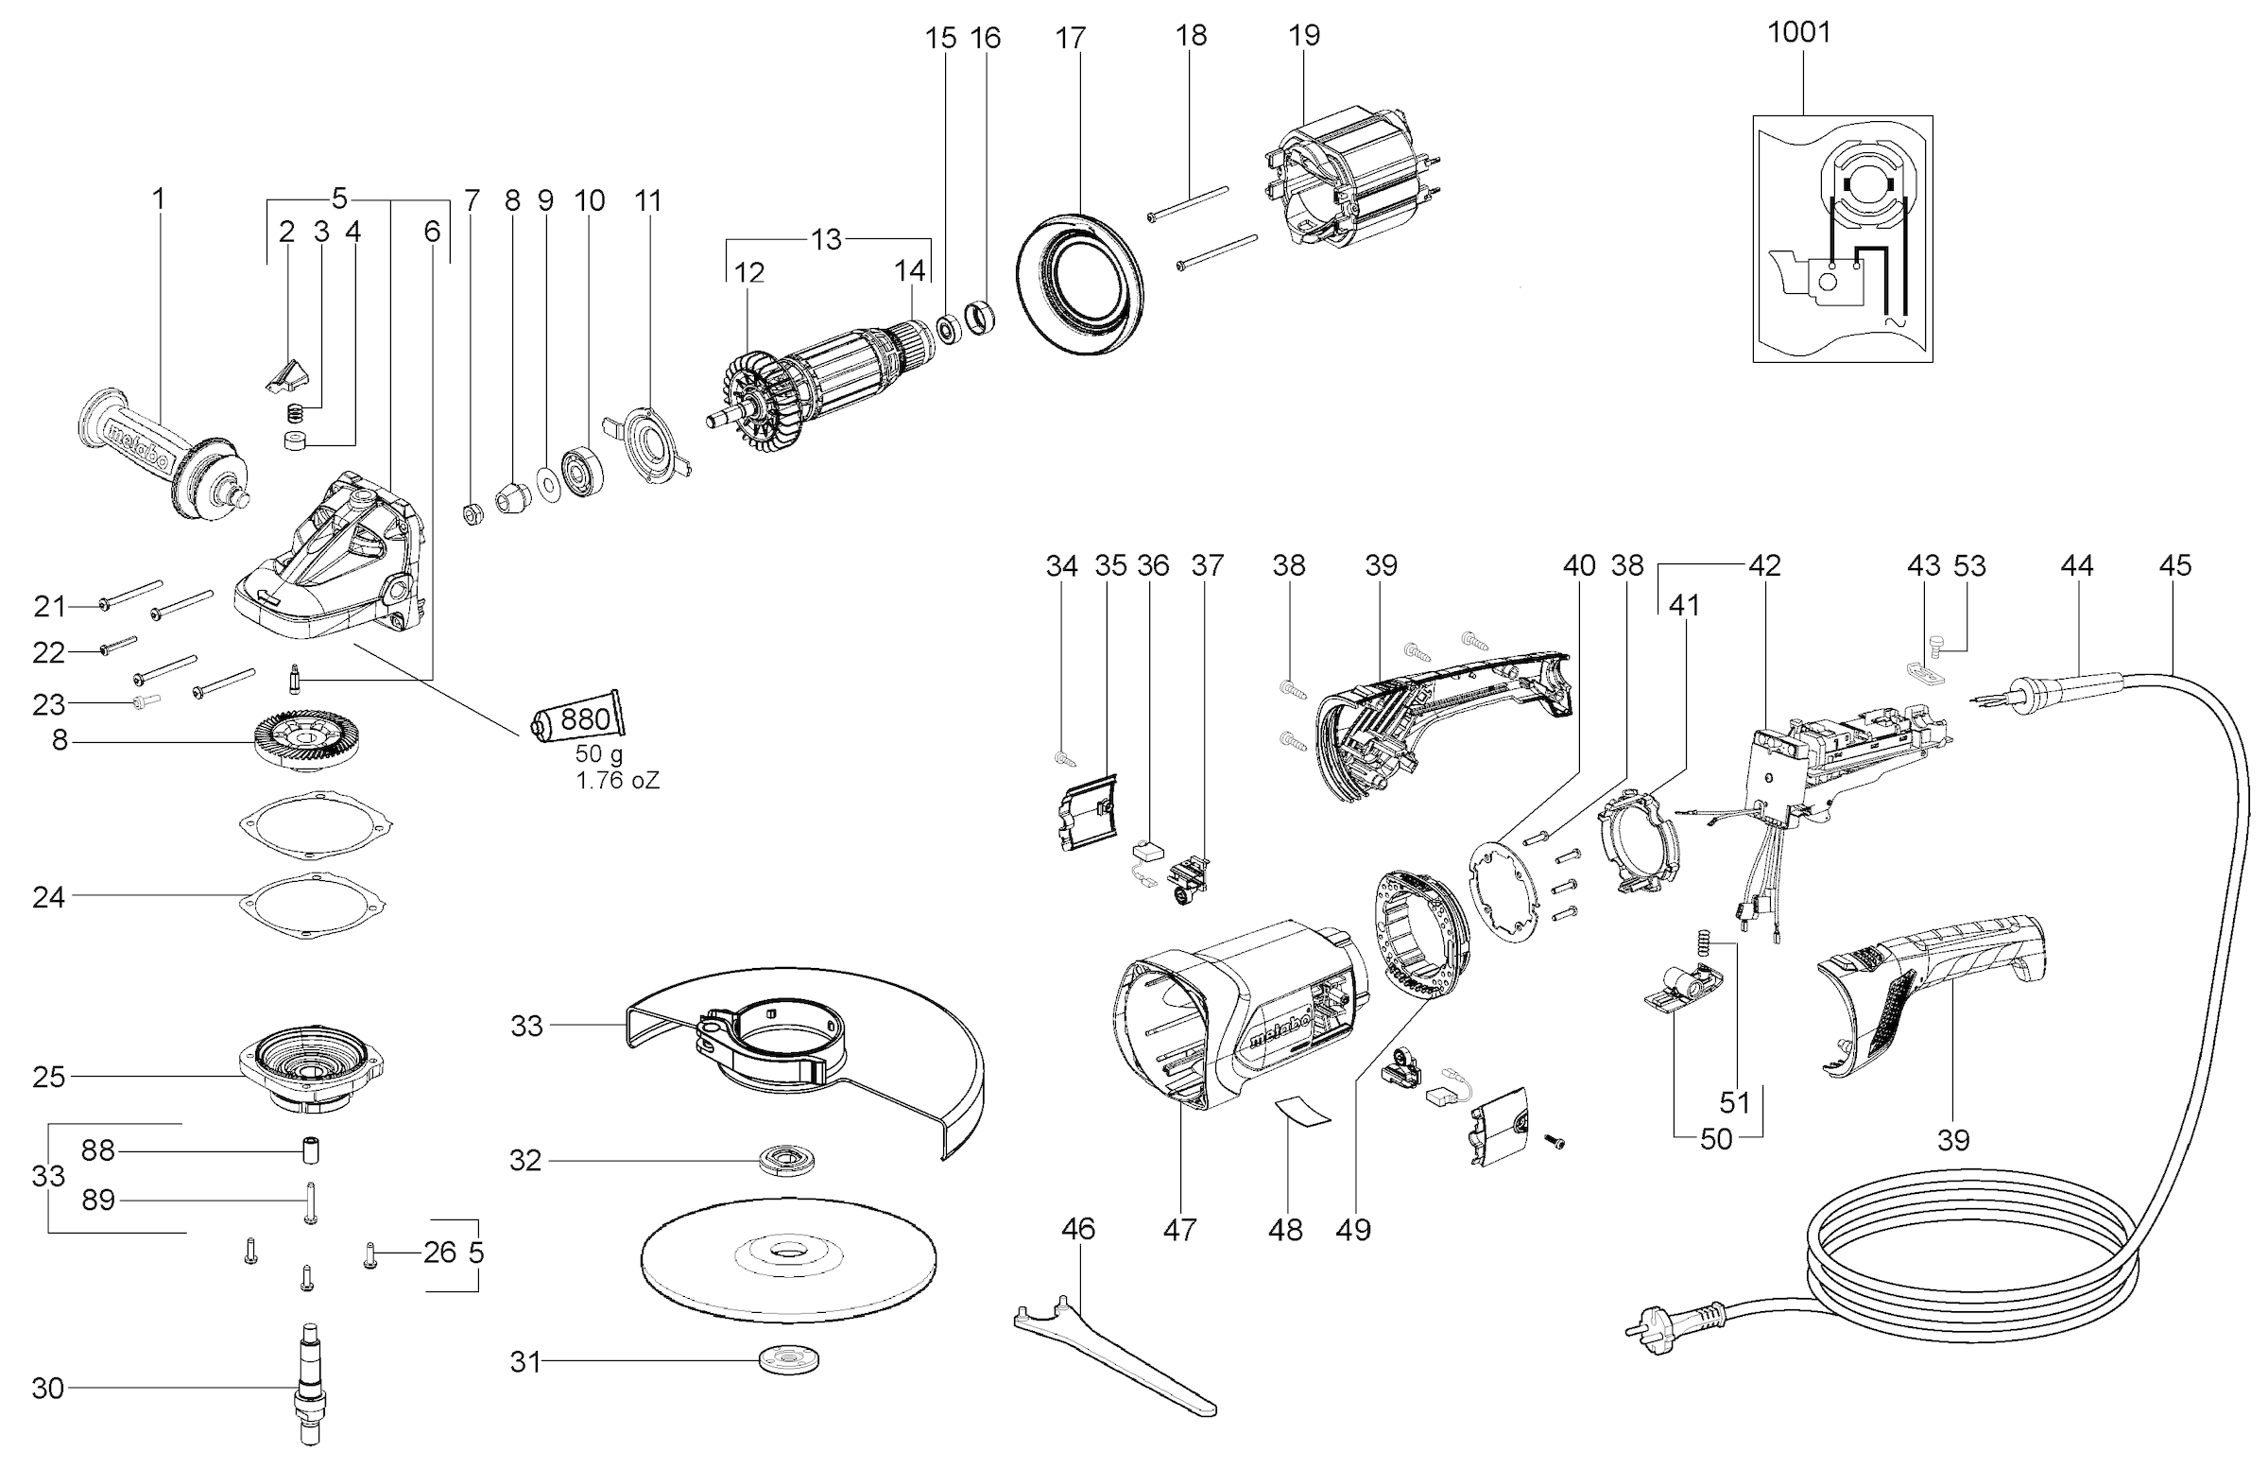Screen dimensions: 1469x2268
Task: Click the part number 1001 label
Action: tap(1798, 32)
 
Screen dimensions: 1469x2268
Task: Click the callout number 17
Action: tap(1070, 38)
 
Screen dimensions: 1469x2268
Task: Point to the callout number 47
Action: tap(1178, 1230)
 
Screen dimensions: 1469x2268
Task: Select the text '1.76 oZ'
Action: tap(616, 781)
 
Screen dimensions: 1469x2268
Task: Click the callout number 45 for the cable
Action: tap(2174, 565)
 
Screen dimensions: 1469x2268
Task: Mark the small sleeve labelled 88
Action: tap(308, 1150)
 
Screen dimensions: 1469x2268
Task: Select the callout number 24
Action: tap(48, 897)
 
